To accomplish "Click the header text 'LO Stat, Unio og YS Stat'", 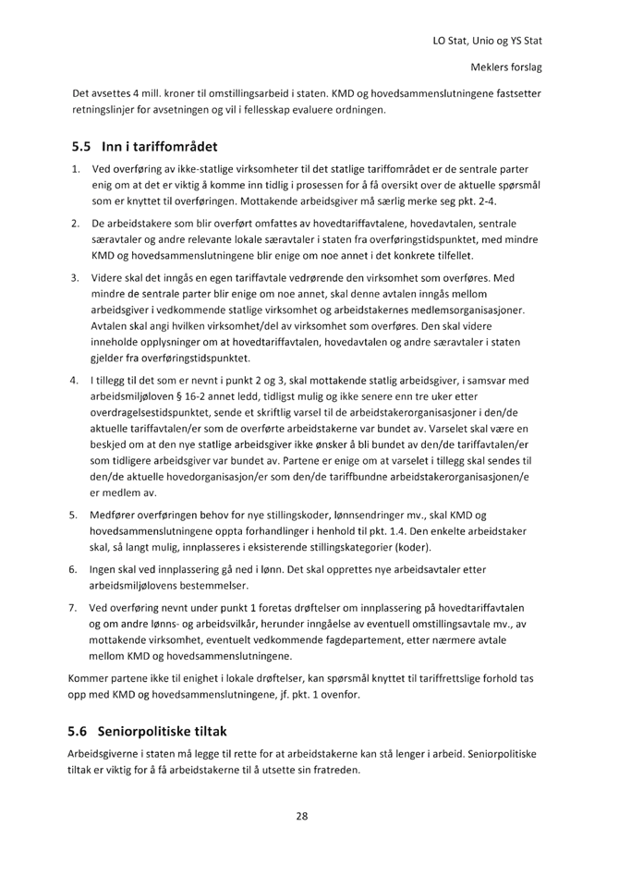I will pos(487,42).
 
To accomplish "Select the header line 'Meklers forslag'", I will pos(506,68).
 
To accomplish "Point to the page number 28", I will pos(301,816).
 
